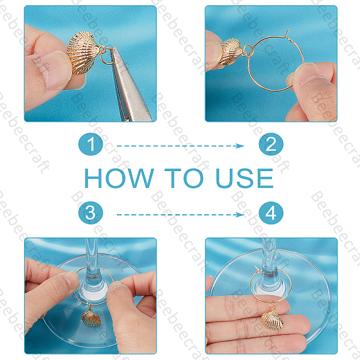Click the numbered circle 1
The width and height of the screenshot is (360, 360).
(91, 144)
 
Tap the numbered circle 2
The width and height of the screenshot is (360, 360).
(271, 144)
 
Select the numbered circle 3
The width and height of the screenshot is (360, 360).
(91, 213)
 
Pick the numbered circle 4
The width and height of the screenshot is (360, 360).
(271, 213)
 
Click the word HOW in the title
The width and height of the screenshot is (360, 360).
(119, 178)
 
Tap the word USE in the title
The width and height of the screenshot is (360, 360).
(245, 178)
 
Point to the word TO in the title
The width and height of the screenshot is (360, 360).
(184, 178)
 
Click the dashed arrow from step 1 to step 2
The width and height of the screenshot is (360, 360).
(181, 146)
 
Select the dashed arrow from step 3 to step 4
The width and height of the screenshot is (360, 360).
(181, 215)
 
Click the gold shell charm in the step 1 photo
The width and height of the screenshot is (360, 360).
(82, 53)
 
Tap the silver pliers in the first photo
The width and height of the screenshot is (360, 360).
(130, 85)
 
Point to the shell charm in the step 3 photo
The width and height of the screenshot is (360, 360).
(91, 318)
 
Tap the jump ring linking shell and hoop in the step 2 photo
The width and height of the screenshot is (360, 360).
(248, 50)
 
